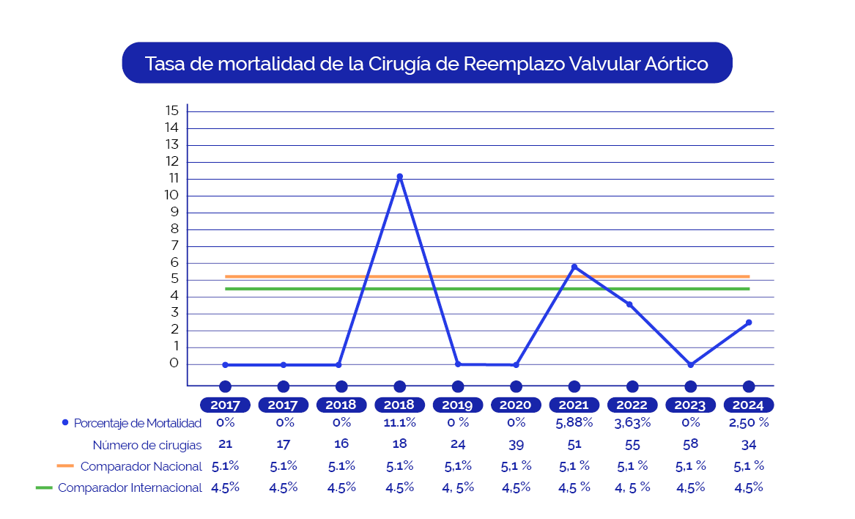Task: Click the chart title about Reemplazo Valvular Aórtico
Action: (x=426, y=63)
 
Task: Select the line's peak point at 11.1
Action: (x=399, y=177)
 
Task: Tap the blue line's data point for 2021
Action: (x=574, y=267)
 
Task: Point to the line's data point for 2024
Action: (x=749, y=323)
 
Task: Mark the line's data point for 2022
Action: (x=629, y=304)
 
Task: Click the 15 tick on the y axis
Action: (x=172, y=111)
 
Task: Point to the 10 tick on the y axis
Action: (x=172, y=195)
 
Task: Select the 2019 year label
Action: (x=458, y=405)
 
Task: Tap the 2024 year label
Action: (x=749, y=405)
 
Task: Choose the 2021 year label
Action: (x=574, y=405)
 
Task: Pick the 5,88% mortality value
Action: (x=574, y=423)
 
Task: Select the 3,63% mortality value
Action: (x=632, y=423)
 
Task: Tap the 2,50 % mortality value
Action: (x=749, y=423)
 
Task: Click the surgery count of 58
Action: (x=690, y=443)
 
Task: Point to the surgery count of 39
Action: (x=516, y=444)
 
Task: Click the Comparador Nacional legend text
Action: (x=141, y=466)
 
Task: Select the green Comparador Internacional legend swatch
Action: (x=44, y=487)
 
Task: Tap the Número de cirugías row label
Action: (x=147, y=445)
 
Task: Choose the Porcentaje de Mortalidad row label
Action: (x=137, y=423)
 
